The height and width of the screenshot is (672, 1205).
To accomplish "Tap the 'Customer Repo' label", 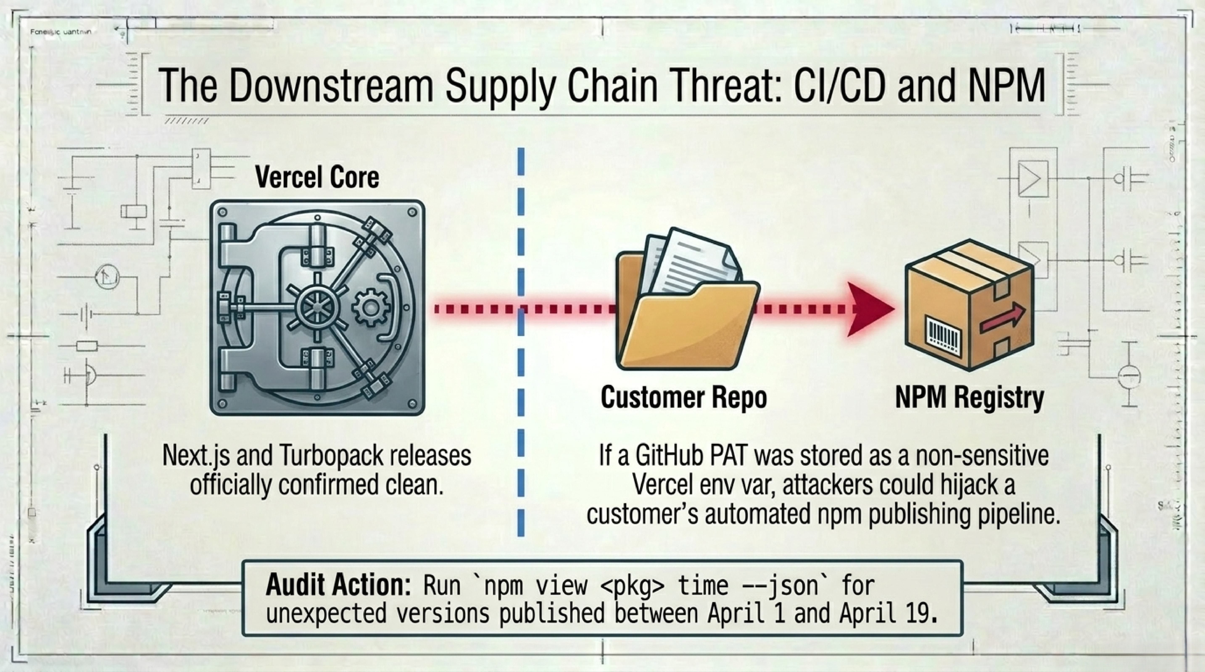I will [x=683, y=398].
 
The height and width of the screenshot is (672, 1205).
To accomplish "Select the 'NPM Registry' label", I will [x=969, y=398].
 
